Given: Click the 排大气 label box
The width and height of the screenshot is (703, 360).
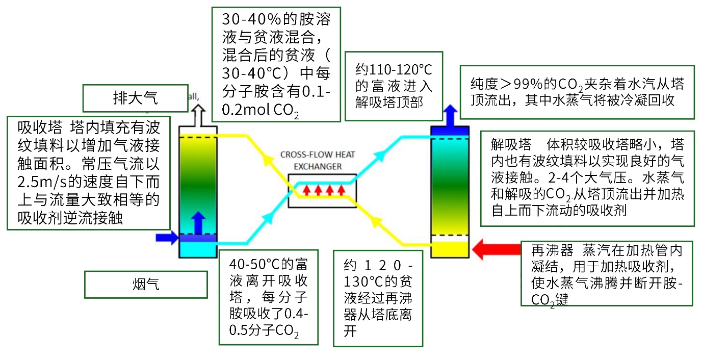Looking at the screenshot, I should point(136,98).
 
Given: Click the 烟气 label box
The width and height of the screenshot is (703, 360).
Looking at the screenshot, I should point(146,284).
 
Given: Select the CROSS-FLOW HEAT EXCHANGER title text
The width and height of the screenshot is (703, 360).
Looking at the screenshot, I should point(318,160).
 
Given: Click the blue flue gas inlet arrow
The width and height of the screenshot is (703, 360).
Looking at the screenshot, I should point(166,237).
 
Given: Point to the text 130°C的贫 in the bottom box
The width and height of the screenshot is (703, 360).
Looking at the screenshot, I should point(378,281).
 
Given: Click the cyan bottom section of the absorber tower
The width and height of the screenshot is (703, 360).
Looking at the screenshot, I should point(199,249).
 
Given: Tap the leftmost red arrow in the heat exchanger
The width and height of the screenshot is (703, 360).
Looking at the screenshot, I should point(307,190).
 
